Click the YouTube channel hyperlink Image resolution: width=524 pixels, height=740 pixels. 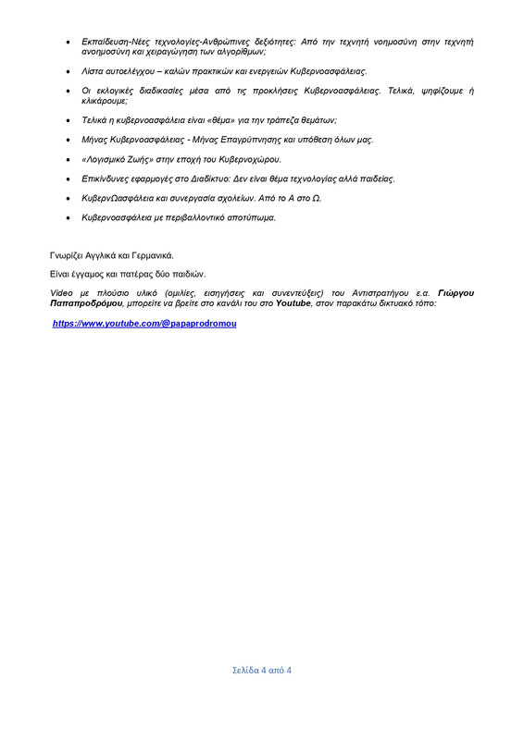coord(144,324)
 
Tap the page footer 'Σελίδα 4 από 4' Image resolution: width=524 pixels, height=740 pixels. coord(261,670)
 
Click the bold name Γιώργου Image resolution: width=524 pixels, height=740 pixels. coord(453,292)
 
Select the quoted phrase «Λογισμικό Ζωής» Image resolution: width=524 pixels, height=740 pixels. coord(121,159)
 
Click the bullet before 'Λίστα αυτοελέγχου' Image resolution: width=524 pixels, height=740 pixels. coord(70,71)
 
